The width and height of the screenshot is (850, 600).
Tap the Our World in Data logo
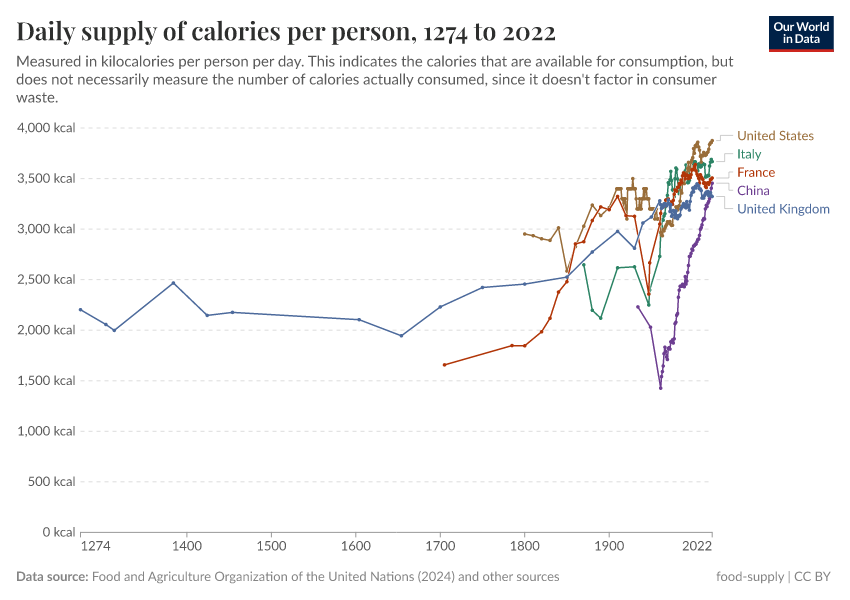(801, 33)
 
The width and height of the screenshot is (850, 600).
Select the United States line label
(775, 136)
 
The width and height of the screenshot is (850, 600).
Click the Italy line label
(749, 154)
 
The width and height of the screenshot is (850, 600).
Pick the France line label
(755, 172)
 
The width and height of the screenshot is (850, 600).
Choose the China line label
(753, 190)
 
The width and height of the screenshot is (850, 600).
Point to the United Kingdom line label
(783, 209)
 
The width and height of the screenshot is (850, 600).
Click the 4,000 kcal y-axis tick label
(46, 128)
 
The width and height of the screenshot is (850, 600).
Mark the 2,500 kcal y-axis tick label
(46, 279)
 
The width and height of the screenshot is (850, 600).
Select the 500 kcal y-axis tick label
(53, 481)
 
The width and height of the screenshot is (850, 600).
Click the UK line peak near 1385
(173, 283)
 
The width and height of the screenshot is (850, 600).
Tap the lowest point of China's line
(660, 388)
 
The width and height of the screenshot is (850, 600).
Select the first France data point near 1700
(444, 365)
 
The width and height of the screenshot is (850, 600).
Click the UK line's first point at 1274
(81, 310)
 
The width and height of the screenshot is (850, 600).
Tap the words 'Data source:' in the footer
(51, 577)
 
